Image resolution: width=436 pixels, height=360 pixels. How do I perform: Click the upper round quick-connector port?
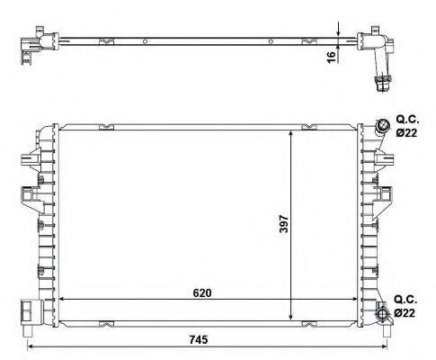384,125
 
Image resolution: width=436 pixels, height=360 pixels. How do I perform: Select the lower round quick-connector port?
384,313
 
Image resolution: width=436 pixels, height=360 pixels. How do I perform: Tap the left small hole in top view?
143,40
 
